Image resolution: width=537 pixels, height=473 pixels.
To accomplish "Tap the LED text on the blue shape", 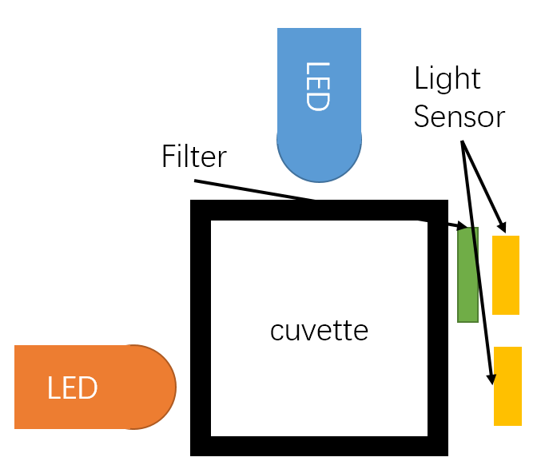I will pos(318,86).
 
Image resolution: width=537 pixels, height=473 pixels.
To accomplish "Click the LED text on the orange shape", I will pos(72,388).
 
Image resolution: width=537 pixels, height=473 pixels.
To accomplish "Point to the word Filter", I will pos(193,157).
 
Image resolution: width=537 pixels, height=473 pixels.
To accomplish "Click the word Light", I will pos(447,79).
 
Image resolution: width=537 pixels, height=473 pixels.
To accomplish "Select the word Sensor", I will pos(459,117).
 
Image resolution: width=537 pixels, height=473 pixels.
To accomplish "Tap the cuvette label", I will pos(319,330).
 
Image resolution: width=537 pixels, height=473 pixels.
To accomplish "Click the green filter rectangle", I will pos(467,275).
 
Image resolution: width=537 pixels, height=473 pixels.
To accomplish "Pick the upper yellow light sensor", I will pos(506,275).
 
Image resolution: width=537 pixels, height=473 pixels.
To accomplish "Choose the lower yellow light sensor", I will pos(507,386).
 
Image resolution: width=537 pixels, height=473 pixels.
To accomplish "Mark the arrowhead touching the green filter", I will pos(461,227).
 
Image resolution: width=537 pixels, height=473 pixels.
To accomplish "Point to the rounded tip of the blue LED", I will pos(319,164).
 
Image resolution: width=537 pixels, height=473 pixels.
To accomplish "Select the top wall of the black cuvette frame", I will pos(319,210).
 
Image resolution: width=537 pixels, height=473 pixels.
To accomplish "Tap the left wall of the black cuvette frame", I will pos(201,328).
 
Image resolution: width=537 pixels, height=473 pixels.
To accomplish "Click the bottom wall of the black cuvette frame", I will pos(319,446).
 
